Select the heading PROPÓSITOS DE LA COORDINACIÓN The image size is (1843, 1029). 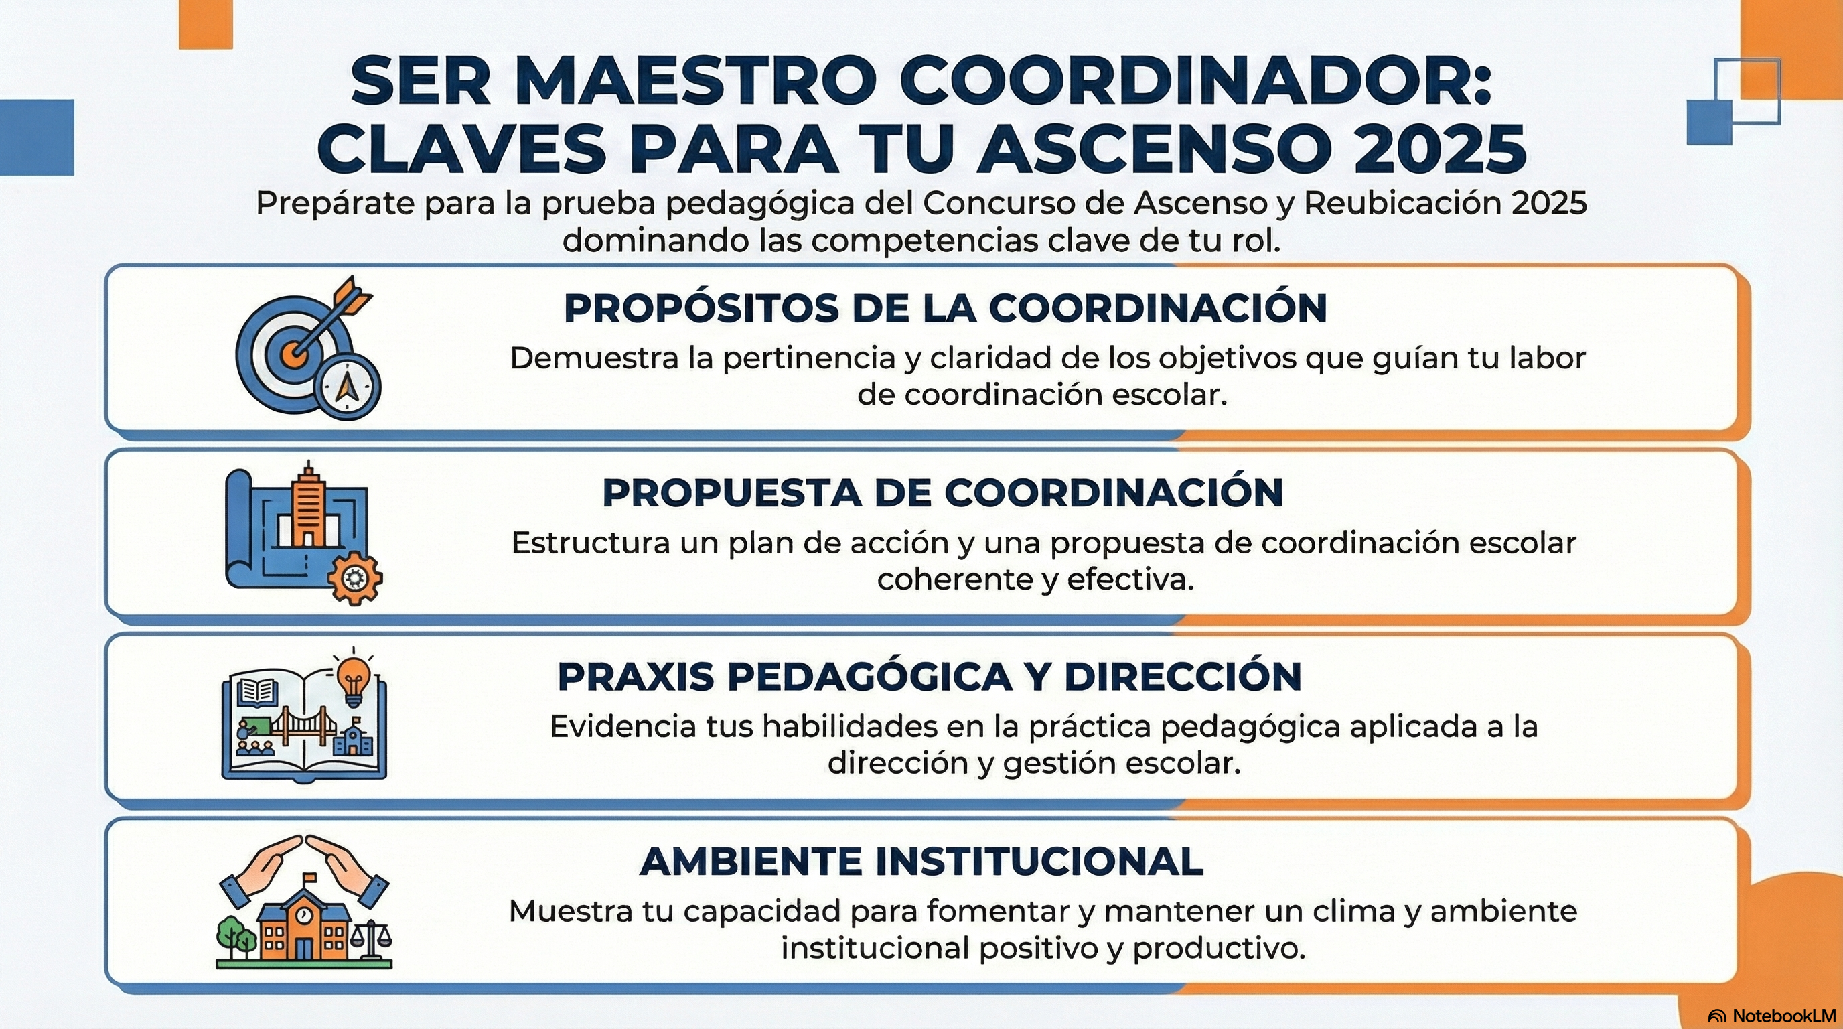(945, 308)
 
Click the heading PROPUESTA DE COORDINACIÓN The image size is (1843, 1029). (943, 493)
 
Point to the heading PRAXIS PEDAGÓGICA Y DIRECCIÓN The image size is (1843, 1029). (930, 677)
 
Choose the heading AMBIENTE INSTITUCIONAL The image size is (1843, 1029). (922, 861)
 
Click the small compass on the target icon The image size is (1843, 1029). (347, 387)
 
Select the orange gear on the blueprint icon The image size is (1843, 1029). (355, 577)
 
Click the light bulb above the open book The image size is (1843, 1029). (354, 679)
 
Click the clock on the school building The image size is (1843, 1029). (304, 914)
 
